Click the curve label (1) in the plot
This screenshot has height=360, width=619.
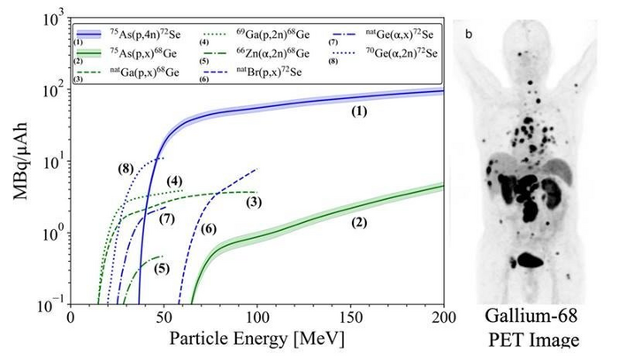click(357, 112)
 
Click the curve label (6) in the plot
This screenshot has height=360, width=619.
click(209, 229)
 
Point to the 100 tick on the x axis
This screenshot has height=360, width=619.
click(256, 316)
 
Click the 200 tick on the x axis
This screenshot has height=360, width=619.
click(443, 316)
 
